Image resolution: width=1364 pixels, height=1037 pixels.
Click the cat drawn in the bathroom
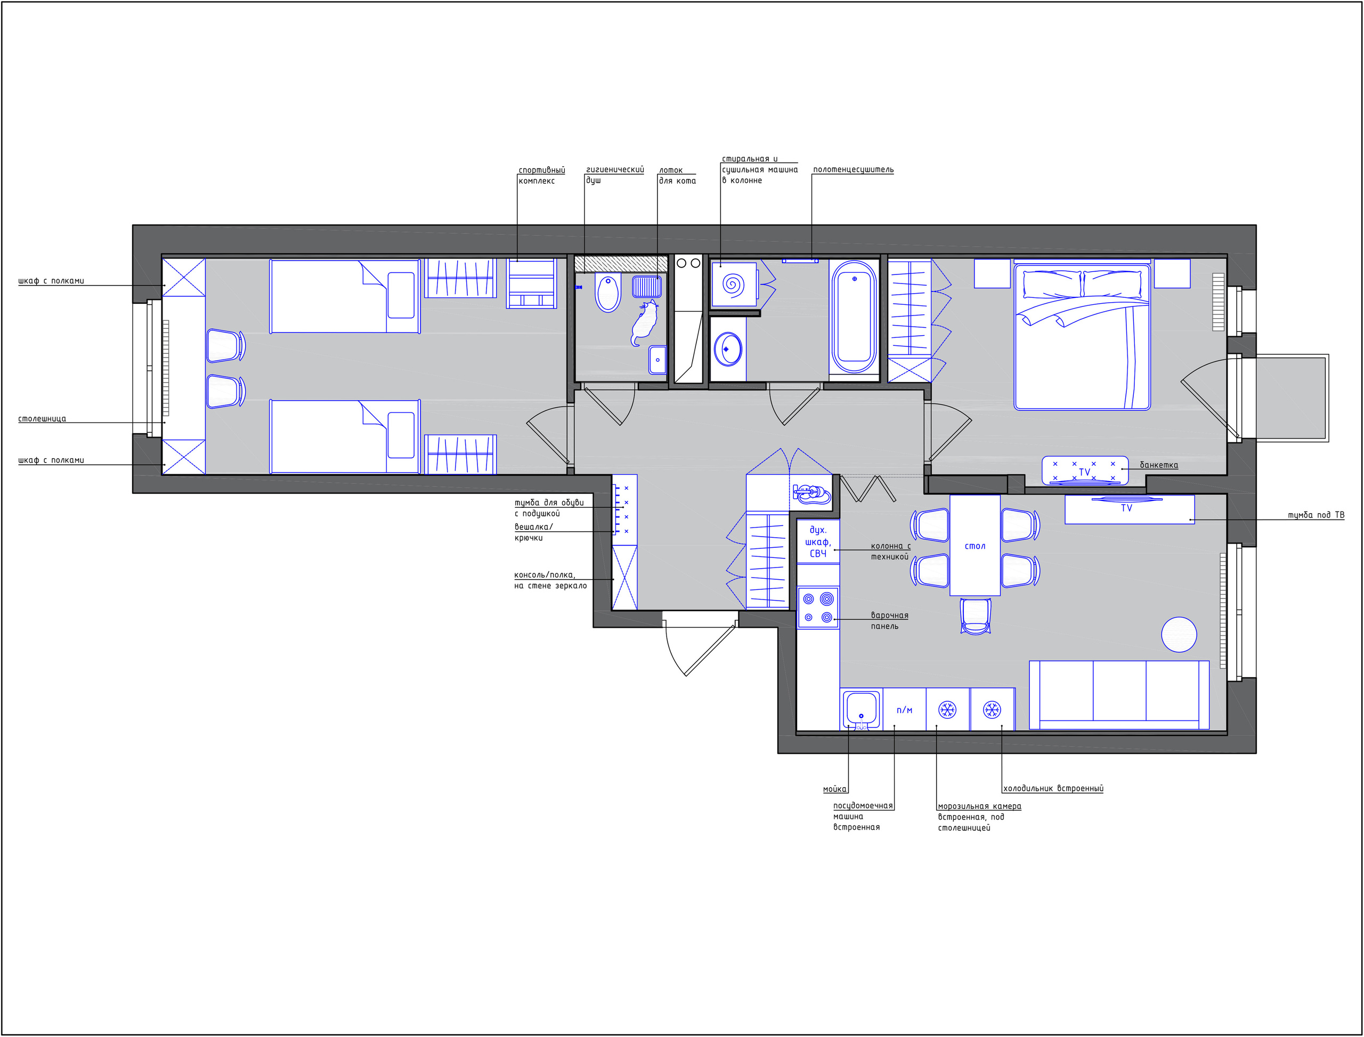[644, 323]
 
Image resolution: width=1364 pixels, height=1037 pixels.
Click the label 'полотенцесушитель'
[853, 170]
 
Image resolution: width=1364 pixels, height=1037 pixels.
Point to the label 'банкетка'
[1158, 465]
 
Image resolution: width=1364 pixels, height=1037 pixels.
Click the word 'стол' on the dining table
[975, 546]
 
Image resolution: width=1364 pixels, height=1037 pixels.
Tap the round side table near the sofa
[1179, 635]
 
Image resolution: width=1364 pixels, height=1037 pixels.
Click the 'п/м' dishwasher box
[904, 710]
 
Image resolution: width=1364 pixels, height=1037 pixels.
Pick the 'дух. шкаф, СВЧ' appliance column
[818, 541]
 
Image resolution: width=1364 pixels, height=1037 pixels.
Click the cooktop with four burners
[818, 607]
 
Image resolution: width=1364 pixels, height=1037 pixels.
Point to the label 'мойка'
[834, 789]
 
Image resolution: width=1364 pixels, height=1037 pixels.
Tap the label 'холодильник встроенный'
[1053, 788]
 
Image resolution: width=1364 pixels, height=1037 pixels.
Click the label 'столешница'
[42, 418]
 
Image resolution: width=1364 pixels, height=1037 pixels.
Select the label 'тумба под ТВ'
[1316, 515]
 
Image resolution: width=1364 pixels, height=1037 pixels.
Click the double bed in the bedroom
[1082, 337]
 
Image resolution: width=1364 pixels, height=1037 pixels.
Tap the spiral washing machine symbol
[733, 285]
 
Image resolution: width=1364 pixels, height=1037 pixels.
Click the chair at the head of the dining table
[975, 615]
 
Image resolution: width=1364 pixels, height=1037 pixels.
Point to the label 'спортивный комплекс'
[541, 175]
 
